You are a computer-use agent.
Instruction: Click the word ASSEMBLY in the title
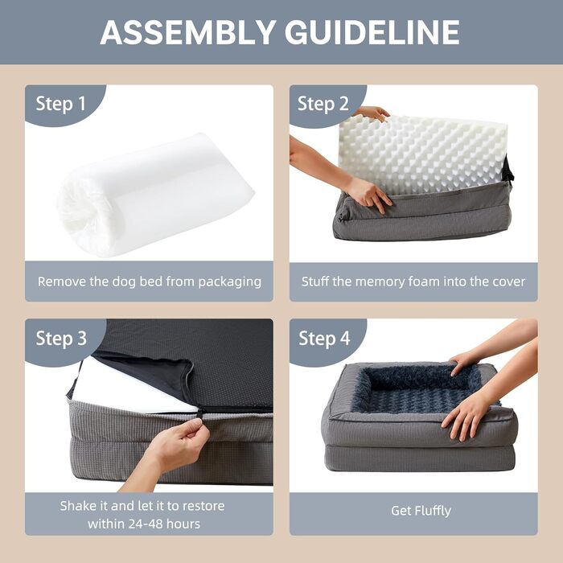(185, 32)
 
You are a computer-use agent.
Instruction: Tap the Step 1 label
(60, 104)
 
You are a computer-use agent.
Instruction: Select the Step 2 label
(323, 104)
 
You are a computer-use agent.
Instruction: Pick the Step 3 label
(60, 339)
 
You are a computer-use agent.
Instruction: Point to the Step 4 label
(323, 339)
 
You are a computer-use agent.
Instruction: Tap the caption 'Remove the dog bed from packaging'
(149, 281)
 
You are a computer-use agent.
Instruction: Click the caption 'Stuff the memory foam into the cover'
(413, 281)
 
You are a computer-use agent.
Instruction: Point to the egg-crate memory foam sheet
(418, 153)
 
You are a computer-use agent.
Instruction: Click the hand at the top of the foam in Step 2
(372, 113)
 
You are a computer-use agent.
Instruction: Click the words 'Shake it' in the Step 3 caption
(84, 506)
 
